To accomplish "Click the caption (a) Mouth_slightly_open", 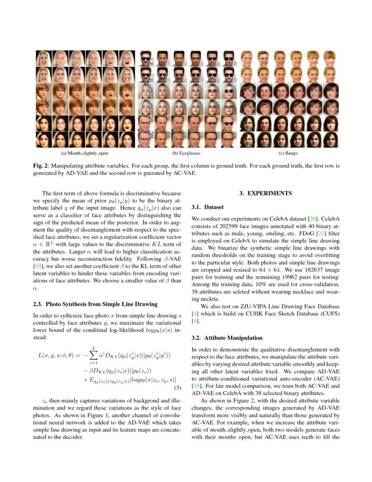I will (84, 153).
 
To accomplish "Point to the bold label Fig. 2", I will (41, 167).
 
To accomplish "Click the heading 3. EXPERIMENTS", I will (265, 193).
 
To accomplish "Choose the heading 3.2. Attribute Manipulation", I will (228, 338).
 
